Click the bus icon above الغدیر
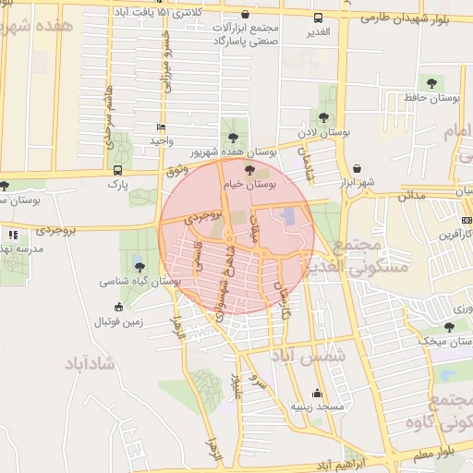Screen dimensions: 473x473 click(319, 18)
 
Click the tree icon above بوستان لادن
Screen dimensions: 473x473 click(322, 117)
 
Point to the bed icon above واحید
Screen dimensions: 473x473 click(163, 127)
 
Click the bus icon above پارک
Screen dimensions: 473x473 click(117, 170)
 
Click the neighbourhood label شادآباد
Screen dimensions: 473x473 click(90, 362)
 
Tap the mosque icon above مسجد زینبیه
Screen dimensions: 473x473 click(318, 392)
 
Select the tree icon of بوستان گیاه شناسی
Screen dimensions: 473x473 click(139, 266)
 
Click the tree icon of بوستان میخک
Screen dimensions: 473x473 click(449, 326)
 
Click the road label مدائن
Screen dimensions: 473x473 click(411, 196)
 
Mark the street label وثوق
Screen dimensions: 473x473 click(175, 170)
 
